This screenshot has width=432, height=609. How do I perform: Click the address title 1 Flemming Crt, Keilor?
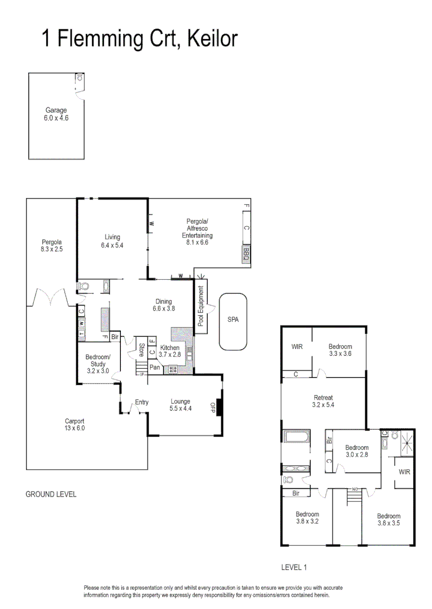click(x=139, y=39)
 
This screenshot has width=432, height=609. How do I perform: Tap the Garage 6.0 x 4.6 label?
click(x=56, y=114)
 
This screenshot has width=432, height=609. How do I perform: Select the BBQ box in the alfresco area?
click(x=246, y=255)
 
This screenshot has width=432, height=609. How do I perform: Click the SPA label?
click(x=233, y=319)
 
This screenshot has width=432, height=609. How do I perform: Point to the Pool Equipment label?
click(x=200, y=306)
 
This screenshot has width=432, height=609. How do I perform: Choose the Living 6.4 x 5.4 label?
click(x=112, y=241)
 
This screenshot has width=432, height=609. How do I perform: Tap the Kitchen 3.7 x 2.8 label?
click(x=170, y=351)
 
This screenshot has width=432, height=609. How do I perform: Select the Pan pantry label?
click(x=154, y=368)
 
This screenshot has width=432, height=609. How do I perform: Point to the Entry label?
click(x=141, y=402)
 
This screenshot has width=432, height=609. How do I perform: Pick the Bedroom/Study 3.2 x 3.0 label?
click(x=97, y=364)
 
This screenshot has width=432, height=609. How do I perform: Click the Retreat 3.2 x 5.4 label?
click(x=323, y=401)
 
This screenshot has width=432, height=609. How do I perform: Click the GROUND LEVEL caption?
click(x=51, y=494)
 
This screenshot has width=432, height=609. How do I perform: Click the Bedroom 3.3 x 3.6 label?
click(x=341, y=350)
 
